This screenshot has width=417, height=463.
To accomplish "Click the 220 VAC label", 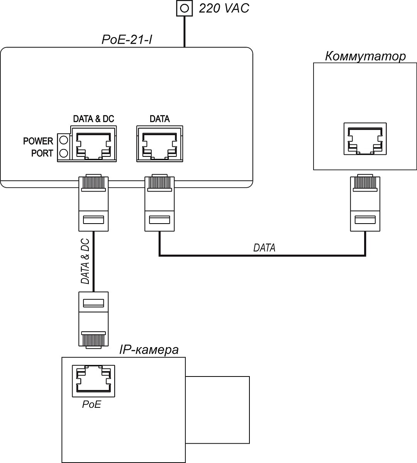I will tap(224, 8).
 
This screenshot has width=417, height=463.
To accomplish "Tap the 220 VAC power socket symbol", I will tap(185, 8).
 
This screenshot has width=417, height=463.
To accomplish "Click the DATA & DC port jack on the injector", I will tap(93, 145).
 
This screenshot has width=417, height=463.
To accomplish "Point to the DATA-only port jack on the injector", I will tap(159, 145).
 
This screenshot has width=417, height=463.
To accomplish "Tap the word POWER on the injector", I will tap(38, 141).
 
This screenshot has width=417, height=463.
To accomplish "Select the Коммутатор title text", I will tap(365, 56).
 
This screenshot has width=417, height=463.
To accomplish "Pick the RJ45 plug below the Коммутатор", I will tap(365, 203).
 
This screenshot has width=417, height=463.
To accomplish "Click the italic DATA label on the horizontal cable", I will tap(264, 248).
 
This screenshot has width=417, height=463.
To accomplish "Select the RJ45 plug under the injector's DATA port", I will tap(159, 203).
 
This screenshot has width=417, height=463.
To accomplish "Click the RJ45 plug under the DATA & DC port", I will tap(93, 203).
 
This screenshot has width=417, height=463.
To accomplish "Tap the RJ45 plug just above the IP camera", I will tap(93, 320).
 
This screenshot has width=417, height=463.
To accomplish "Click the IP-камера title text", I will tap(149, 350).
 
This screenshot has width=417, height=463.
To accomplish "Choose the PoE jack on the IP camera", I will tap(93, 380).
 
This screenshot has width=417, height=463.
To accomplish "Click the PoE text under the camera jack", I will tap(92, 404).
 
